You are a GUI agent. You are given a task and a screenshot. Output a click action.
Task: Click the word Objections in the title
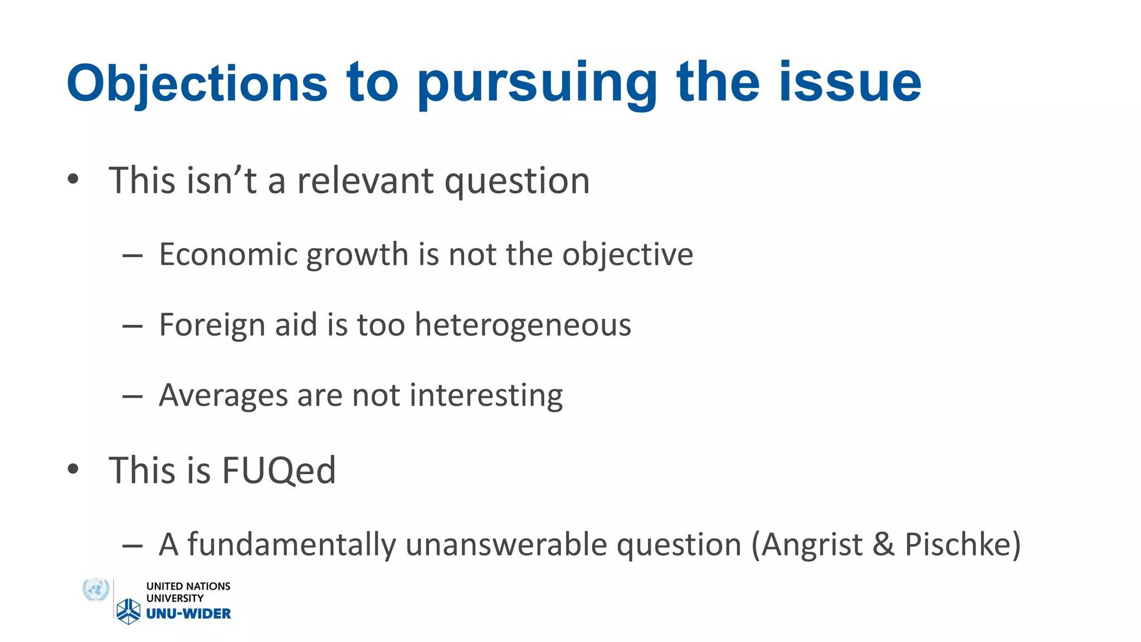point(197,84)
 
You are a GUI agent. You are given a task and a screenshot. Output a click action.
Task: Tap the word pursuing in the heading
point(537,84)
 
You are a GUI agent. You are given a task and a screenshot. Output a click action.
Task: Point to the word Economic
point(228,255)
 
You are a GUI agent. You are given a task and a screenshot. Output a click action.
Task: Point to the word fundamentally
point(291,544)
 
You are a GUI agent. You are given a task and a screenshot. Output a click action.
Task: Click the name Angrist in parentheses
point(812,544)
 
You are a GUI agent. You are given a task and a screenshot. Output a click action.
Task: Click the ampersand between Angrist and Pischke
point(884,544)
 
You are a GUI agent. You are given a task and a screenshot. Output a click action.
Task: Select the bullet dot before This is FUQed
point(73,469)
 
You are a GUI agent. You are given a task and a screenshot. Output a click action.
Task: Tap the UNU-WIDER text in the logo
point(188,614)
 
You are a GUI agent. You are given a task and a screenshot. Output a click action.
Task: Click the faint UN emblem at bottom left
point(95,590)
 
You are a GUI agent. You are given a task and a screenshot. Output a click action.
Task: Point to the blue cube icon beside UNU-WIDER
point(129,611)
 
